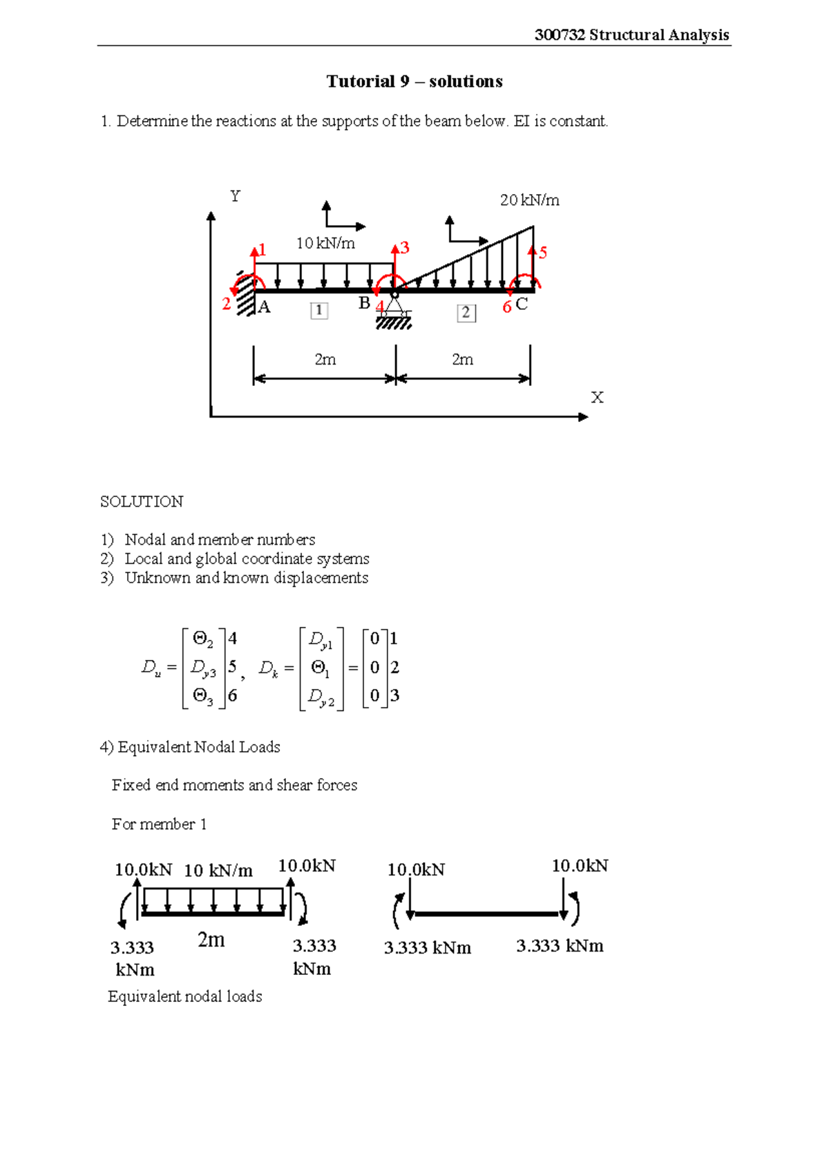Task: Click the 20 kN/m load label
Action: point(529,200)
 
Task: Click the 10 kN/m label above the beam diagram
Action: point(325,243)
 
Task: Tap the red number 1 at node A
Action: point(263,250)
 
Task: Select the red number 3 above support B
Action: point(405,247)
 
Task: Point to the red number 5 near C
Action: point(543,253)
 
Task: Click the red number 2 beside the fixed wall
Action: point(226,304)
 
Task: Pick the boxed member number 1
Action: point(318,311)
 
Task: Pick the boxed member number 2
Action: point(466,313)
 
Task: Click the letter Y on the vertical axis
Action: point(236,197)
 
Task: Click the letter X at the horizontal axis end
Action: point(597,398)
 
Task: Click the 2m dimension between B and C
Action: point(462,360)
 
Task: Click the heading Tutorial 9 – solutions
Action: point(414,81)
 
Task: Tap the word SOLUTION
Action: point(142,502)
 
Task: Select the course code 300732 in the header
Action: point(560,35)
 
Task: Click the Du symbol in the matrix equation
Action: point(151,668)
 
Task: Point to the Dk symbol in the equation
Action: point(268,668)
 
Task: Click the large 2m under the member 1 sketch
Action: point(211,940)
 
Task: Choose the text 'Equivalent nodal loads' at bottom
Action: point(185,996)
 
